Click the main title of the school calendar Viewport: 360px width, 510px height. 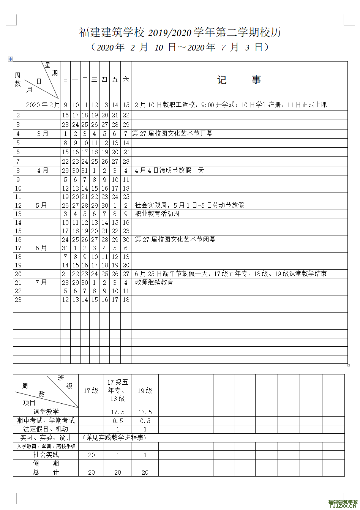click(180, 33)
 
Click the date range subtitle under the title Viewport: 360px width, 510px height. click(180, 47)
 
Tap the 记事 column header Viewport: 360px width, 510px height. click(239, 80)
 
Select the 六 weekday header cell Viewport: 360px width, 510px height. click(126, 80)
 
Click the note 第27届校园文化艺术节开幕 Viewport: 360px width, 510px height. click(172, 134)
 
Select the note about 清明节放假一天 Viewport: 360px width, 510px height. click(169, 171)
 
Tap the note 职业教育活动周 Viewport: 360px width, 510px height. click(157, 214)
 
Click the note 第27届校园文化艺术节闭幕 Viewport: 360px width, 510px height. click(175, 240)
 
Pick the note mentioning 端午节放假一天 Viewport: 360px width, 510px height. click(231, 274)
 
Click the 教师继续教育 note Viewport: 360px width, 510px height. click(154, 283)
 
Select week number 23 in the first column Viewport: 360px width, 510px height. click(18, 300)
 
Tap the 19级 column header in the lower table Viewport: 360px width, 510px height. click(145, 391)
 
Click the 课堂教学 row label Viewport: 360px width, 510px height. click(46, 412)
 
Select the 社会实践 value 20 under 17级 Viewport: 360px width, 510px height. click(91, 455)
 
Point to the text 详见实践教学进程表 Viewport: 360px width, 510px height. click(114, 438)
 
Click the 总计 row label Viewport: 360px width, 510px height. click(46, 472)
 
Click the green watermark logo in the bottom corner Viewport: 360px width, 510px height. click(343, 504)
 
